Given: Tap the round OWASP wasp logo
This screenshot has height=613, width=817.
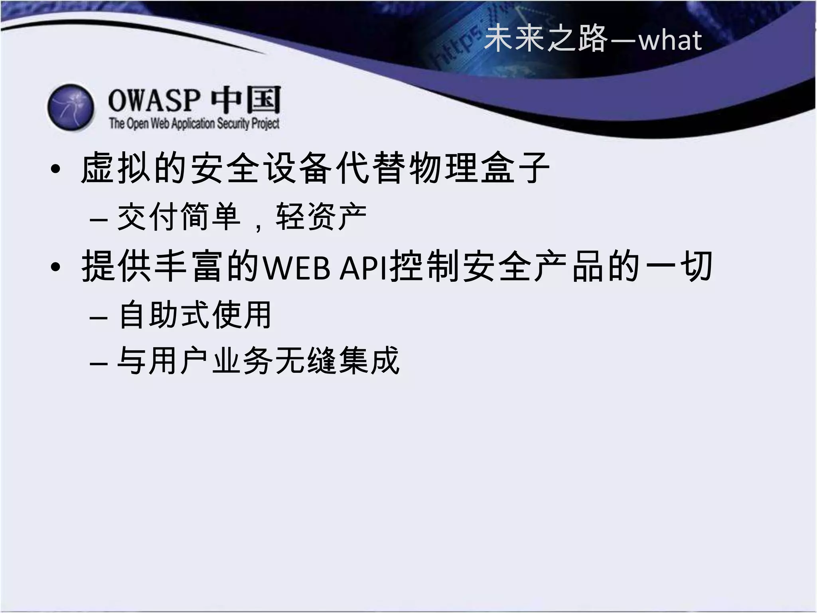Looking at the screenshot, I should (71, 107).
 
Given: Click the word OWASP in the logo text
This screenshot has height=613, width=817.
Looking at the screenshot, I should (154, 100).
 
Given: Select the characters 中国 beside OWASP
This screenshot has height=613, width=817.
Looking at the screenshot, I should (246, 100).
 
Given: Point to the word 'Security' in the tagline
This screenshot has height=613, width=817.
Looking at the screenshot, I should (233, 124).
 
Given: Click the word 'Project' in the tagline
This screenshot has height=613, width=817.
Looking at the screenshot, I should (265, 124).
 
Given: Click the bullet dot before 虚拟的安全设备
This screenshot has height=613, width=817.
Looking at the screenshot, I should (56, 169).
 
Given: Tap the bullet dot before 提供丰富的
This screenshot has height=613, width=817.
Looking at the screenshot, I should (56, 267).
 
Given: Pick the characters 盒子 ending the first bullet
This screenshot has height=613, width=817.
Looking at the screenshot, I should (515, 168).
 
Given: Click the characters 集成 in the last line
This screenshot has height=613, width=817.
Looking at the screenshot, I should (369, 361).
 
